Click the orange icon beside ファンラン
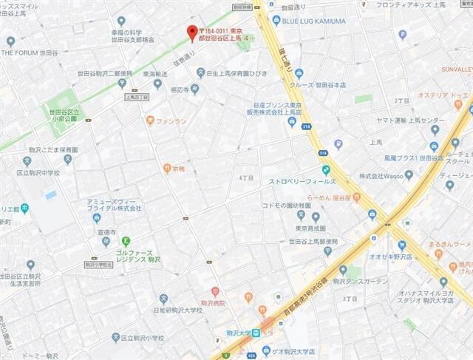pos(150,120)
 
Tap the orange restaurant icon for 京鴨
pos(167,169)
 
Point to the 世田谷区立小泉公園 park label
pos(62,113)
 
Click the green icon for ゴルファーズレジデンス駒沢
pos(126,240)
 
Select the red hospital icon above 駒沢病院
pos(215,291)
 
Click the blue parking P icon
pos(403,34)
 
